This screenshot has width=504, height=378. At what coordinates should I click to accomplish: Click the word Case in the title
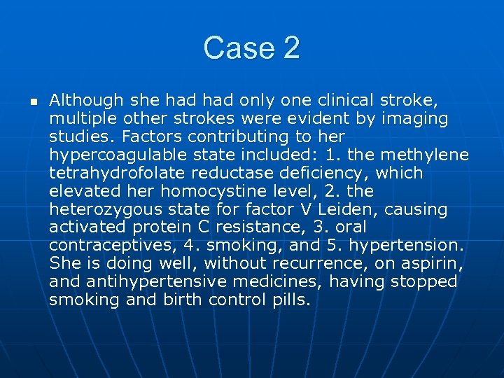point(237,48)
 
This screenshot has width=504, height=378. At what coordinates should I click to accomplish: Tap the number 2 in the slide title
point(292,48)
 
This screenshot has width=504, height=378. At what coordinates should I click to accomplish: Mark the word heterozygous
point(103,209)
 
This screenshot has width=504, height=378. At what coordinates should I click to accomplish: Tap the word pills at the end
point(287,300)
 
